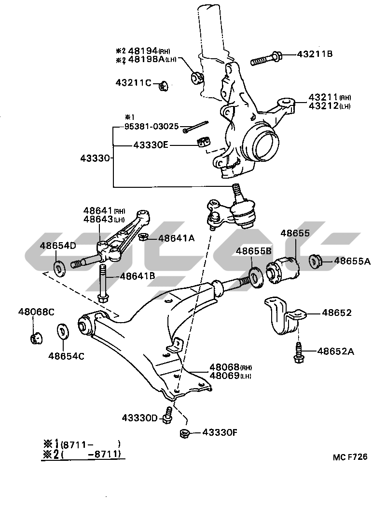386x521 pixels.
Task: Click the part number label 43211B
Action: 314,54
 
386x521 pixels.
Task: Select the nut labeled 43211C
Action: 163,86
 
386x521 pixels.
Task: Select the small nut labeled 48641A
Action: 143,237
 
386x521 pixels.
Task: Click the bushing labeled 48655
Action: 284,270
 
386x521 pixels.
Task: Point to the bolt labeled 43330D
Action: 168,415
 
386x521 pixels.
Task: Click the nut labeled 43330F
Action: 184,432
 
